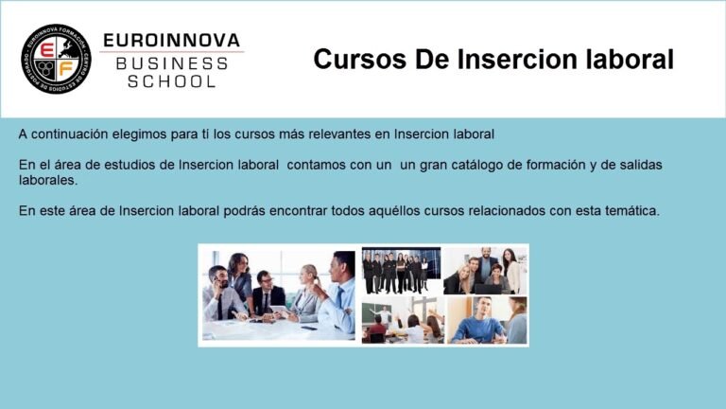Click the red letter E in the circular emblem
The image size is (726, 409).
[x=47, y=49]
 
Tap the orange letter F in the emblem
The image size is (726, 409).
[x=66, y=69]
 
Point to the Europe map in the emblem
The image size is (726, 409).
[x=66, y=48]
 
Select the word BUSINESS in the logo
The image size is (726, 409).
[x=172, y=64]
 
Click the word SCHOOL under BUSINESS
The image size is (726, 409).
[x=172, y=81]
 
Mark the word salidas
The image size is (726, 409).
[x=641, y=165]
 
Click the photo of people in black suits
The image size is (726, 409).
[x=402, y=271]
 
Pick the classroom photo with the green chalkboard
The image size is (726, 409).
[x=403, y=320]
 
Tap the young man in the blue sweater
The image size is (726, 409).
[x=478, y=321]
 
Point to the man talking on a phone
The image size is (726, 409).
[x=222, y=293]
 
